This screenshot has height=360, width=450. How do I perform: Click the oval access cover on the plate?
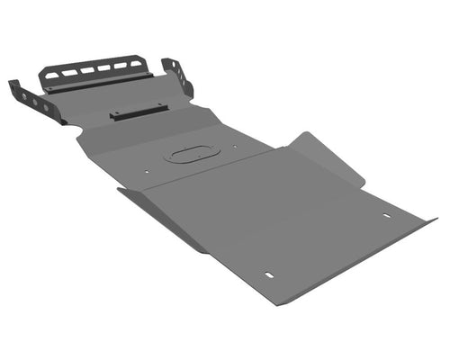tap(190, 154)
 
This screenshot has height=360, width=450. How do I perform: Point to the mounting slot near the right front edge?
tap(387, 216)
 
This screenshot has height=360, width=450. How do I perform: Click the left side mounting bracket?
tap(36, 103)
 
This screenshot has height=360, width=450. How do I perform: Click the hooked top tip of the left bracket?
tap(12, 84)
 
